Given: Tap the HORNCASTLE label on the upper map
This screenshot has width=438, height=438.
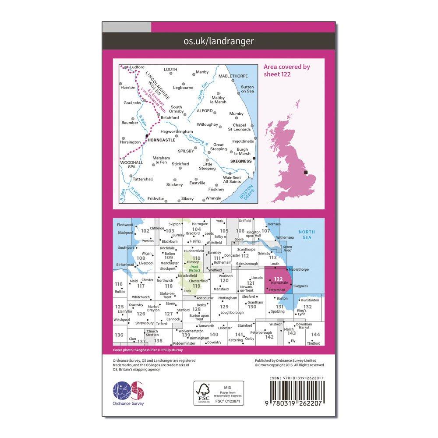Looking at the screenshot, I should tap(161, 140).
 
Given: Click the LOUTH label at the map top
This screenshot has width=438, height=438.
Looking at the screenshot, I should tap(170, 69).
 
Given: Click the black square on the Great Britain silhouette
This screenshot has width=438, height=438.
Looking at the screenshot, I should tap(307, 173).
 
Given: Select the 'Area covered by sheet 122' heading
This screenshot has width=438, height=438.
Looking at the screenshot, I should tap(287, 70).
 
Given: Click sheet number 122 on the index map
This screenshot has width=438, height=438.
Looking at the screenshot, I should tap(278, 279).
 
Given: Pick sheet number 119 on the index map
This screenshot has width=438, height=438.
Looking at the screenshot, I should tap(196, 286).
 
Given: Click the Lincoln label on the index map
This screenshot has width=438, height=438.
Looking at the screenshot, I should tap(257, 278).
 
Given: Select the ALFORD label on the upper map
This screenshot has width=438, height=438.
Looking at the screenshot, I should tap(204, 111).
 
